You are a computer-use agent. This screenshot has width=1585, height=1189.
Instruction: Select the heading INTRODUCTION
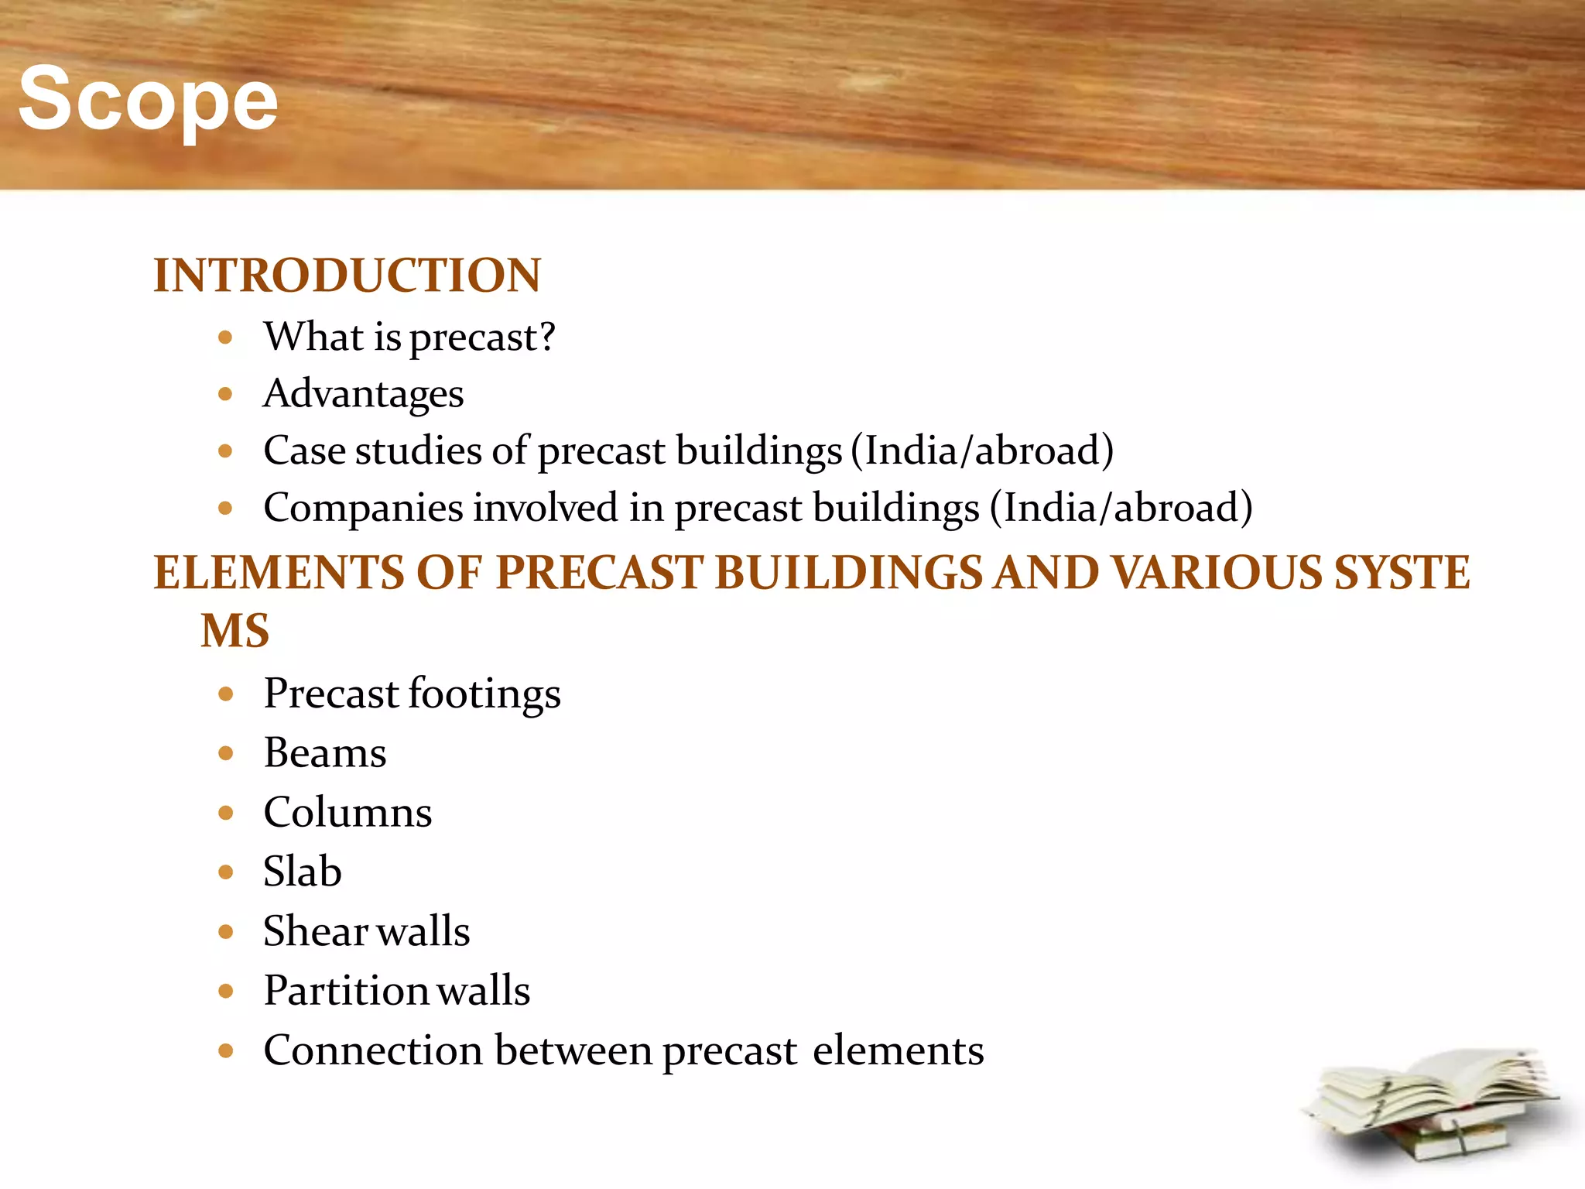coord(347,276)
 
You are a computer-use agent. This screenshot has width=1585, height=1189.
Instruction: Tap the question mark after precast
coord(546,337)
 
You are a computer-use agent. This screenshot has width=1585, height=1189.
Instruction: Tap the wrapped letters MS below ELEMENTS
coord(234,630)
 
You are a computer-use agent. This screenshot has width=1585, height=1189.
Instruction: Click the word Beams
coord(324,753)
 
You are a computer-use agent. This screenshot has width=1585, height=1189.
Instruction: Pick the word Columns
coord(347,813)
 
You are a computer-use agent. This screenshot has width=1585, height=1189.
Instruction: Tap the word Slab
coord(302,872)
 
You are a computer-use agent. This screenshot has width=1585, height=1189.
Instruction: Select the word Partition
coord(344,991)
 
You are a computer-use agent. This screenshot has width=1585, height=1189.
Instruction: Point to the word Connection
coord(372,1051)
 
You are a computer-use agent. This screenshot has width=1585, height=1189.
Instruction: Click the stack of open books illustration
coord(1432,1107)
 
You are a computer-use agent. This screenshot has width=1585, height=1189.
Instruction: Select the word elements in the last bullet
coord(898,1051)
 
